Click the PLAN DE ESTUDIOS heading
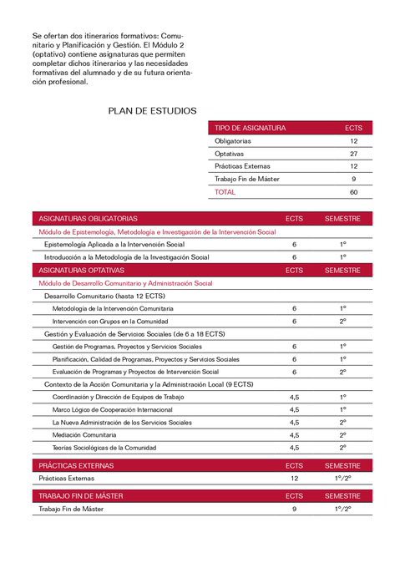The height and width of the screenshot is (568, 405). pos(153,110)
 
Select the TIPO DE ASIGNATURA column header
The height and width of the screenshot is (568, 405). pos(251,129)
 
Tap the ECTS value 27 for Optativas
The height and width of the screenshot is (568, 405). pos(354,154)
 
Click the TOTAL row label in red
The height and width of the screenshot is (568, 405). pos(225,191)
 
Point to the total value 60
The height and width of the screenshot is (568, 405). pos(354,191)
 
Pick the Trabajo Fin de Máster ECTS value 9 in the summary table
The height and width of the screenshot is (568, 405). pos(354,179)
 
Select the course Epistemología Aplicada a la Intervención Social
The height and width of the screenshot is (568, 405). pos(114,244)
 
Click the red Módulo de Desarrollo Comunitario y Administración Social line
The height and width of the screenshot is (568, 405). pos(125,283)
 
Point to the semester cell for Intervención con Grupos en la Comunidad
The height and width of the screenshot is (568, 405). pos(342,321)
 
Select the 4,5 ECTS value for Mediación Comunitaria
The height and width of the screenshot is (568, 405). pos(294,434)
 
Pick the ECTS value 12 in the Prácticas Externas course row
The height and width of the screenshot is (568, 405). pos(294,479)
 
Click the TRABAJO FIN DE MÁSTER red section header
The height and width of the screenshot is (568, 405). pos(81,495)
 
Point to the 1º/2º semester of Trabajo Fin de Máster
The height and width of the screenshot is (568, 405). pos(342,508)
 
